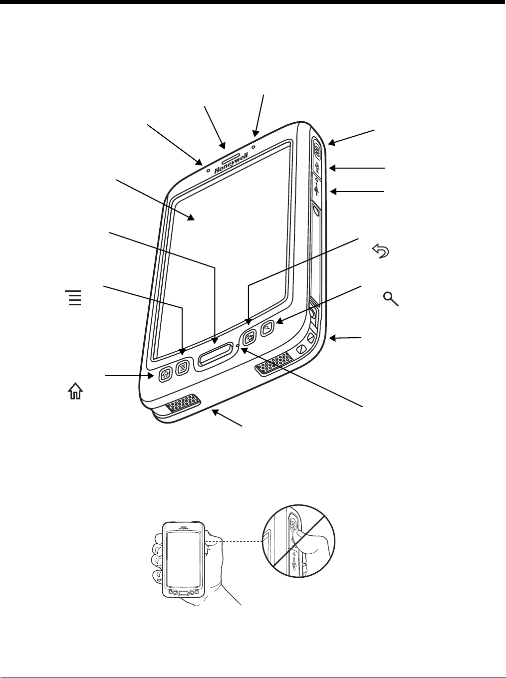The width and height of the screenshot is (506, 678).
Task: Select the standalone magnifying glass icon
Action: pos(391,299)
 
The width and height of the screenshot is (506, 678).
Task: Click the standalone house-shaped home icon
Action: pos(74,393)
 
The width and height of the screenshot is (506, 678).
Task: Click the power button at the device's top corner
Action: pos(318,148)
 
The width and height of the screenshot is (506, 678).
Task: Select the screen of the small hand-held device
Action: pos(183,559)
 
